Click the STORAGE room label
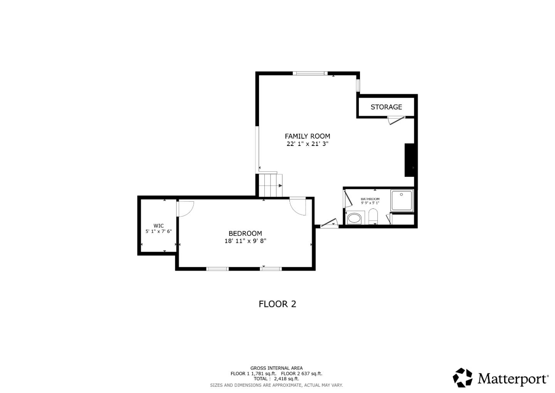pyautogui.click(x=386, y=107)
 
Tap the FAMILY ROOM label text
pyautogui.click(x=308, y=136)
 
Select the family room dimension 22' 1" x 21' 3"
pyautogui.click(x=308, y=144)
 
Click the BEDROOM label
pyautogui.click(x=245, y=234)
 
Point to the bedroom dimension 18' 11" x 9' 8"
pyautogui.click(x=245, y=241)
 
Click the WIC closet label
pyautogui.click(x=158, y=226)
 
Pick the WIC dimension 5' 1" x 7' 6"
pyautogui.click(x=158, y=231)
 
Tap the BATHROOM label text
pyautogui.click(x=370, y=199)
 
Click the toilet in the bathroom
pyautogui.click(x=373, y=216)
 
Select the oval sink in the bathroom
pyautogui.click(x=354, y=219)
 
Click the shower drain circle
pyautogui.click(x=401, y=195)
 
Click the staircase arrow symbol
pyautogui.click(x=280, y=186)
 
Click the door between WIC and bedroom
pyautogui.click(x=185, y=208)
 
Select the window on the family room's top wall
pyautogui.click(x=310, y=73)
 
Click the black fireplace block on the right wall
pyautogui.click(x=410, y=160)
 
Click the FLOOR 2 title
pyautogui.click(x=277, y=304)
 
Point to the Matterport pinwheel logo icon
pyautogui.click(x=462, y=378)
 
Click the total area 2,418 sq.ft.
pyautogui.click(x=287, y=379)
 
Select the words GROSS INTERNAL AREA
pyautogui.click(x=276, y=368)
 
